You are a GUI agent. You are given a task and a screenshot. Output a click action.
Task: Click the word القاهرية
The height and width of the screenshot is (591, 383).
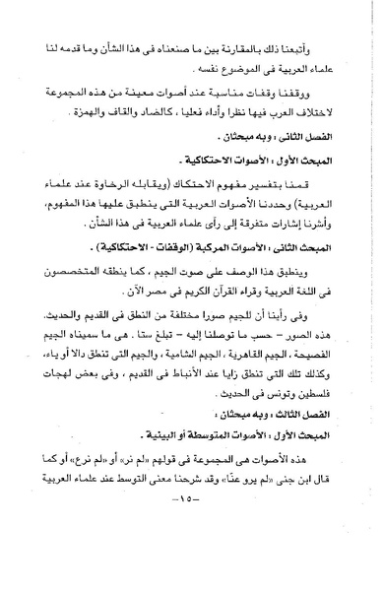[x=259, y=395]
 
